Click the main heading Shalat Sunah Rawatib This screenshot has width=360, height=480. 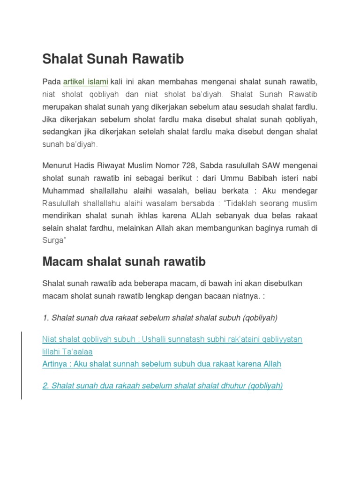tap(113, 60)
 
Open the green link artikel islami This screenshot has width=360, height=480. tap(86, 82)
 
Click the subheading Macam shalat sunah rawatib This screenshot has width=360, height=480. tap(124, 262)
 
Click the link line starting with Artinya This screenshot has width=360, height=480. tap(162, 364)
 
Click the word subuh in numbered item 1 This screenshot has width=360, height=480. tap(228, 318)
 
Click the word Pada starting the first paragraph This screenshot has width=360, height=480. tap(52, 82)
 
